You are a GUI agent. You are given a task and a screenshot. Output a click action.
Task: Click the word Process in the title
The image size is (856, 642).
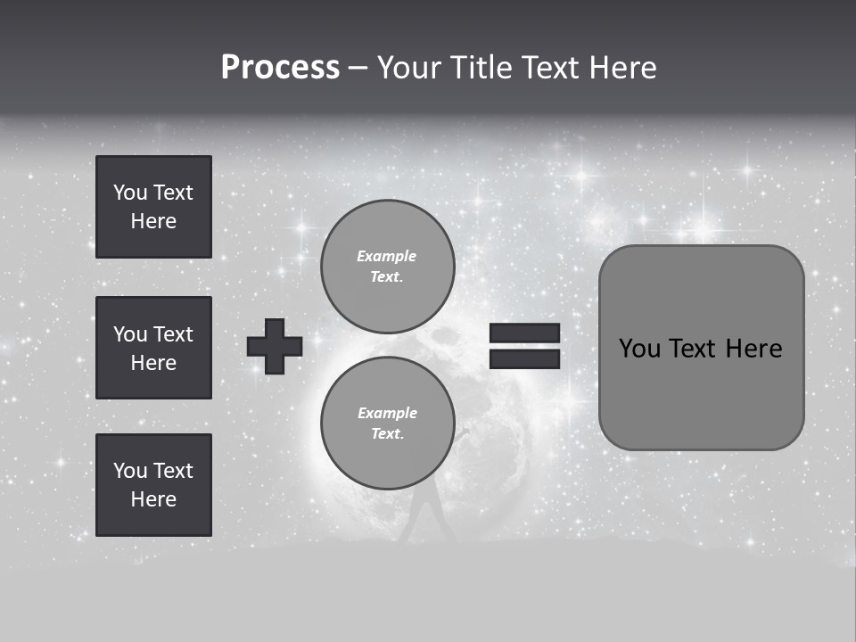click(x=280, y=68)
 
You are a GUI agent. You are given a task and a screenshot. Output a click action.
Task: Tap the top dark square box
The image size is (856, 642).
click(x=153, y=207)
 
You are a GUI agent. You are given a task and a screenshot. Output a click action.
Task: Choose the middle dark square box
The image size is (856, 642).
click(x=153, y=348)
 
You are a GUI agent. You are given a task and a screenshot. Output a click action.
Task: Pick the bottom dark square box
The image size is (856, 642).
click(x=153, y=485)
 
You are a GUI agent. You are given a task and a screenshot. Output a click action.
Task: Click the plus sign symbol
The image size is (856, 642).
click(x=275, y=346)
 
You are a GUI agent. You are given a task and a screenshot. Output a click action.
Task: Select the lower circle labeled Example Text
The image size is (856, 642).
click(x=387, y=424)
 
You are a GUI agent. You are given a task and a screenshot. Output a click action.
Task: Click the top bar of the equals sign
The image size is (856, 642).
click(x=524, y=333)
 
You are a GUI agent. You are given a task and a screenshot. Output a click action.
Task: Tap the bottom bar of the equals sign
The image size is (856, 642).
click(x=524, y=358)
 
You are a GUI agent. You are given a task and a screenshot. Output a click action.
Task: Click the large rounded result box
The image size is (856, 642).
click(x=701, y=348)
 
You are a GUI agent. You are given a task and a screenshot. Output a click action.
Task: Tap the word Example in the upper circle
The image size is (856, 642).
click(x=386, y=257)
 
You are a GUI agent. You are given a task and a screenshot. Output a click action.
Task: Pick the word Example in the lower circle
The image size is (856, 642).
click(x=387, y=414)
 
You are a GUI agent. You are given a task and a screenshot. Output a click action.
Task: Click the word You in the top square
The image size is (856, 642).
click(x=129, y=193)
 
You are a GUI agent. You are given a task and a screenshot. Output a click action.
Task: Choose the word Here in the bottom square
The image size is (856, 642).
click(x=153, y=499)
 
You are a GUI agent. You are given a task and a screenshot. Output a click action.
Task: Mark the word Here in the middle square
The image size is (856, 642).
click(x=153, y=363)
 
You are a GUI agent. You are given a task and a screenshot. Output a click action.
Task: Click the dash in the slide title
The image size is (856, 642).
click(x=358, y=69)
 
